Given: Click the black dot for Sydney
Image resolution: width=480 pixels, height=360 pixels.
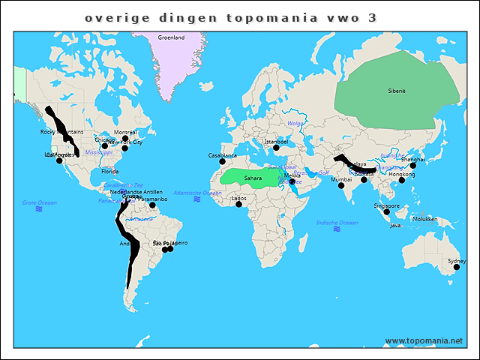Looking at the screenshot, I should [x=456, y=267].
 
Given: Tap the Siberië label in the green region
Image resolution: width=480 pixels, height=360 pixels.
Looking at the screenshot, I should [x=396, y=90].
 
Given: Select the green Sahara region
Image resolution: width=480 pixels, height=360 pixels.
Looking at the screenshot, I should [x=252, y=177].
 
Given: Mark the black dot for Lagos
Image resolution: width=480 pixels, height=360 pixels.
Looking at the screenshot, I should [x=239, y=204].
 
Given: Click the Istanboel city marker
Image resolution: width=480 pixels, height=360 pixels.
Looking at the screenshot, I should [x=276, y=147].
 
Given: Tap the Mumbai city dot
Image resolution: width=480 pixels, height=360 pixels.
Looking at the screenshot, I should [x=341, y=185].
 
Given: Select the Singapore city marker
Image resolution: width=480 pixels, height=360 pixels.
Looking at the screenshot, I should [x=387, y=211].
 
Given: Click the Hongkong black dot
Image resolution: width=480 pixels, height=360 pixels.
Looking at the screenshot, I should [x=402, y=180].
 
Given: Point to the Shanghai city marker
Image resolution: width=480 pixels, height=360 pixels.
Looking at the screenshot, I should [x=412, y=165].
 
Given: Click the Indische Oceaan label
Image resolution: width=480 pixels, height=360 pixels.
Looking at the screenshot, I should [x=337, y=223].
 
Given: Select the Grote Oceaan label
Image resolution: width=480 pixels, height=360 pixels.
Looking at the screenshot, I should [x=39, y=202].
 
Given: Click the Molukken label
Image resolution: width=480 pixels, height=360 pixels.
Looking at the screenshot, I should [x=424, y=219].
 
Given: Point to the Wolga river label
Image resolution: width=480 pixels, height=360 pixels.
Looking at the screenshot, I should [x=295, y=123].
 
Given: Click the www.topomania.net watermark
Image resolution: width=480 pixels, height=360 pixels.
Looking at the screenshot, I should [x=424, y=341].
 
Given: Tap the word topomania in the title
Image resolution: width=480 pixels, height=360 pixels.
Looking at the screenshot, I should [x=270, y=16].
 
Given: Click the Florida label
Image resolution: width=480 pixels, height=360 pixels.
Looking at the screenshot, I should [x=109, y=172].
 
